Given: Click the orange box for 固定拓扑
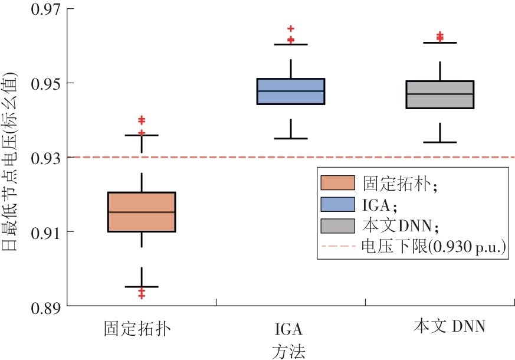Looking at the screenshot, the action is [142, 212].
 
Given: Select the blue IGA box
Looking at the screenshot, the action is [291, 91].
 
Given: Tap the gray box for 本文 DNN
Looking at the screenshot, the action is [440, 94].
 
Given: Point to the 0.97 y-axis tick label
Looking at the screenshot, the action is [46, 9].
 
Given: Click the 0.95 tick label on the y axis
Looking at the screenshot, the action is [46, 83].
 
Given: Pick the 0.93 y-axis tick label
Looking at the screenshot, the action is [46, 158].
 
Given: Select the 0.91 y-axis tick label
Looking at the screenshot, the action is [46, 233].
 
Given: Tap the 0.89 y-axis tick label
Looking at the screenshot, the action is [46, 307].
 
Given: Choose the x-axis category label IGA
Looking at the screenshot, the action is [288, 329].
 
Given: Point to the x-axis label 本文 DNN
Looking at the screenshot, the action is [450, 326].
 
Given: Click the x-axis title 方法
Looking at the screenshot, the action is [288, 352].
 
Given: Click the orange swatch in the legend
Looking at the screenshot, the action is [337, 183].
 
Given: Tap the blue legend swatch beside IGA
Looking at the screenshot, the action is [337, 204].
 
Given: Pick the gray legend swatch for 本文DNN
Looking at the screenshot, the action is [337, 226].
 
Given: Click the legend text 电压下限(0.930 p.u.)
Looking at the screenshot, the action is [434, 246].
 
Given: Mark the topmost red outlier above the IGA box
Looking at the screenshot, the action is [291, 28].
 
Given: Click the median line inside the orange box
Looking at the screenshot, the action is [142, 212].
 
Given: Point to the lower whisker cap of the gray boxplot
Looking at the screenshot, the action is [440, 142].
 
